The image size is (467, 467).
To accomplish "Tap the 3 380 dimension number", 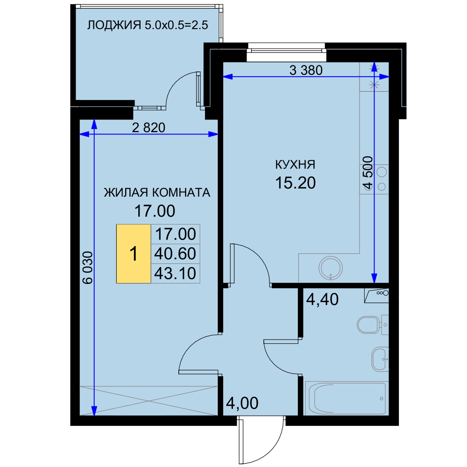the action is coord(306,71).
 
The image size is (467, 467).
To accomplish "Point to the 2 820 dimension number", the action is coord(149,128).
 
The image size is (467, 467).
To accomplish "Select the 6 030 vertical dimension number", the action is coord(88,268).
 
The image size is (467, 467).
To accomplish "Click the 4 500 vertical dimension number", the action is coord(368,173).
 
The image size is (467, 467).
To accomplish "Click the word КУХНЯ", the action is coord(295,164).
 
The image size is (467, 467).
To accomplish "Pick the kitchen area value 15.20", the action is coord(295,183).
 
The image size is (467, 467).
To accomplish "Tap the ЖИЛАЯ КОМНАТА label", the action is coord(157,192).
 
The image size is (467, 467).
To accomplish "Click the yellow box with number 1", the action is coord(134,254).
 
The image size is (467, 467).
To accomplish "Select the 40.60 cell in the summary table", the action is coord(176,254).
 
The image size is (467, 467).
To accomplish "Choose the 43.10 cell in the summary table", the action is coord(176,273).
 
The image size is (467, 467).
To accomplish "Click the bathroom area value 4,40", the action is coord(322,299).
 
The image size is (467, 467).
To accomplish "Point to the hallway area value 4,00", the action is coord(242,403).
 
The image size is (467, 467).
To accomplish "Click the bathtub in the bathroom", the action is coord(347,398).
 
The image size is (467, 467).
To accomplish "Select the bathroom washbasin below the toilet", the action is coord(380,359).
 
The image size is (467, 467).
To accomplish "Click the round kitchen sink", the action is coord(331,268).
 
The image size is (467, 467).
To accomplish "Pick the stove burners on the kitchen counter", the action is coord(382,179).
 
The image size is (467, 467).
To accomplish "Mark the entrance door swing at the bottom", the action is coord(262,440).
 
